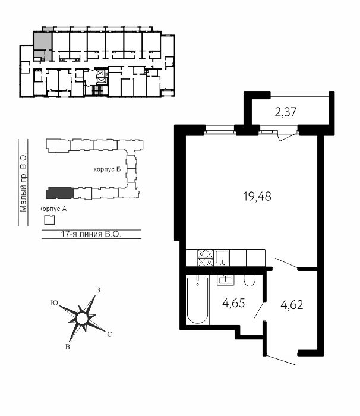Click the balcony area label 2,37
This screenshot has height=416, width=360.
tap(286, 112)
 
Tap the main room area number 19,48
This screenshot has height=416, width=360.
tap(257, 197)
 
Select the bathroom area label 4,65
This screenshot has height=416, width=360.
tap(233, 303)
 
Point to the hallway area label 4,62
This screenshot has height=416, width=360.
tap(292, 305)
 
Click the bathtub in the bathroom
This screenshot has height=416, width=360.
tap(198, 300)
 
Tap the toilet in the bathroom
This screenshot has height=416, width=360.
tap(250, 280)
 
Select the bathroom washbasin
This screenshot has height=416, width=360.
tap(226, 280)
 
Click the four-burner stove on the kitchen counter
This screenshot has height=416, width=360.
tap(206, 258)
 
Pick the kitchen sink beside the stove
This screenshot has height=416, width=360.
tap(222, 257)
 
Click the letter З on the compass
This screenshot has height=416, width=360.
tap(99, 290)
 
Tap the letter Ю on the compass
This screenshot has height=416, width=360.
tap(55, 303)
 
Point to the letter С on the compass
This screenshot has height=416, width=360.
tap(109, 335)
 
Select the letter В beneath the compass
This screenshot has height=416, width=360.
tap(68, 346)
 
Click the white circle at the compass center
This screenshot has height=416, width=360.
tap(81, 319)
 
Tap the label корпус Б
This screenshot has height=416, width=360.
tap(107, 169)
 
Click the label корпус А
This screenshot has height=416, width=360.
tap(53, 209)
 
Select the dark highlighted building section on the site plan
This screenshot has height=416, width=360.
tap(60, 193)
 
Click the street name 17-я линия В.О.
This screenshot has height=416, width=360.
tap(91, 234)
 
